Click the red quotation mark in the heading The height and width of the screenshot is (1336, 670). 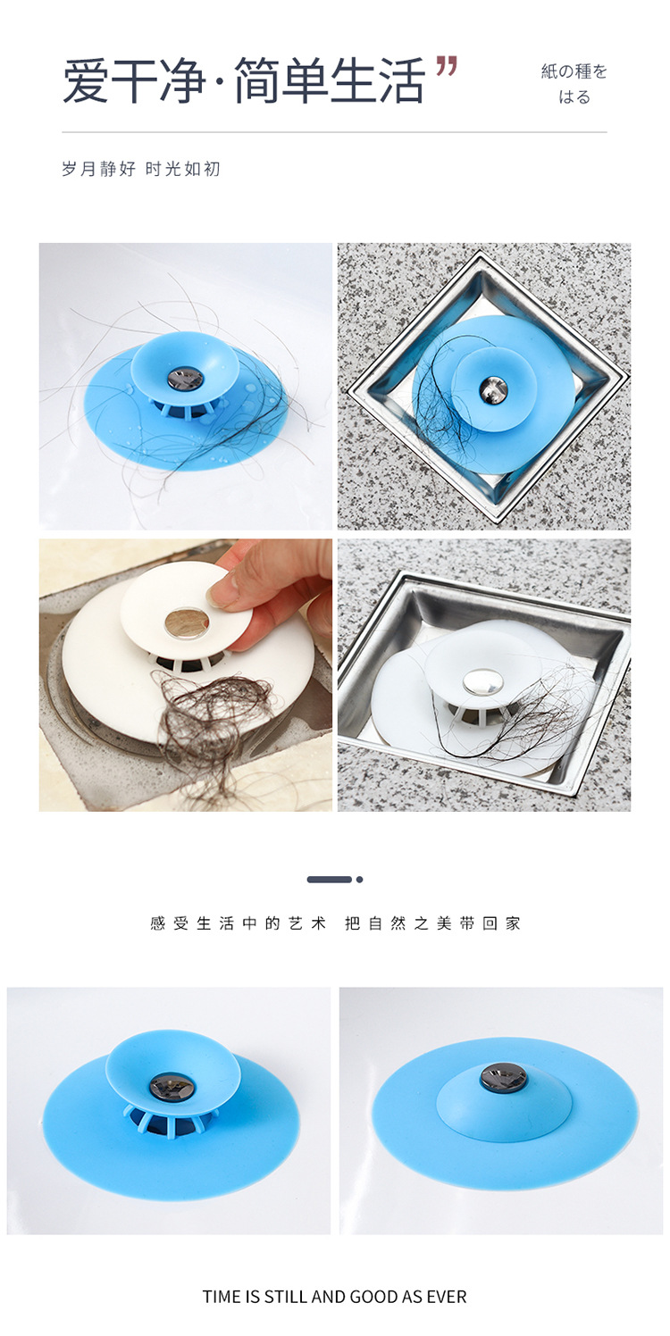coord(447,66)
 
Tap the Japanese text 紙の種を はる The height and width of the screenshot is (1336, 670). coord(574,84)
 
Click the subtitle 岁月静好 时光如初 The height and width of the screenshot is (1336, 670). coord(140,169)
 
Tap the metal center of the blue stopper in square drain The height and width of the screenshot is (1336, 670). coord(492,388)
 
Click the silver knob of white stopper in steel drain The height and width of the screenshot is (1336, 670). coord(482,681)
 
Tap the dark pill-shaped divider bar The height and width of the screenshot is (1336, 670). coord(329,880)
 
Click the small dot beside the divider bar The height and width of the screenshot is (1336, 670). coord(359,880)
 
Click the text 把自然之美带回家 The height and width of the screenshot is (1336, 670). coord(432,924)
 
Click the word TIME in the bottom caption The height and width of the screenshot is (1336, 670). coord(222,1297)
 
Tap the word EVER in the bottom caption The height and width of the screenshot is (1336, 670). coord(447,1297)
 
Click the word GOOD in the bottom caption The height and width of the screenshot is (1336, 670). coord(373,1297)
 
